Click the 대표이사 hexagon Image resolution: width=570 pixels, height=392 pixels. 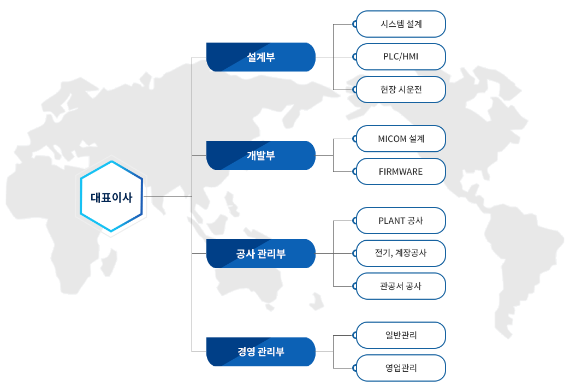pos(111,197)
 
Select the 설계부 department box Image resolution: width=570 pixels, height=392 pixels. pos(260,57)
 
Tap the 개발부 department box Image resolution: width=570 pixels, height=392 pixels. pos(260,155)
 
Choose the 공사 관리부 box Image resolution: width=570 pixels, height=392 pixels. pos(260,253)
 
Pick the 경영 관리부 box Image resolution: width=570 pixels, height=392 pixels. pos(260,352)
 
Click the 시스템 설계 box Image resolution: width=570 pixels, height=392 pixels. pos(401,24)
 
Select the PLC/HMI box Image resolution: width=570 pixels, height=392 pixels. pos(401,57)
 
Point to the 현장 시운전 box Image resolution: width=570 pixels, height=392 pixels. pos(401,90)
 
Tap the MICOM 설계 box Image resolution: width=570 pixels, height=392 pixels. pos(401,139)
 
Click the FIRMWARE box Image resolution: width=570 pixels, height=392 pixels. pos(401,171)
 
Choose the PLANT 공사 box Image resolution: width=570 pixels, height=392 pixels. pos(401,221)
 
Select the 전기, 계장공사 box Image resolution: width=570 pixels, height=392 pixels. pos(401,253)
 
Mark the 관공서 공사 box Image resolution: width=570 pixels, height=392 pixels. pos(401,286)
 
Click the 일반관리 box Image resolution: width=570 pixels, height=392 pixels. pos(401,335)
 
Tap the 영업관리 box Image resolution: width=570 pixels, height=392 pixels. pos(401,367)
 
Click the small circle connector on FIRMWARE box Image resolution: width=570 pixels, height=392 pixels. pos(355,171)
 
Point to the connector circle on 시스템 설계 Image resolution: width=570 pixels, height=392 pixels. pos(355,24)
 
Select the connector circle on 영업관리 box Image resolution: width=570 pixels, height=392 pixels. pos(355,368)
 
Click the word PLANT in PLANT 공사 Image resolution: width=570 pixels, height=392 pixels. pos(391,221)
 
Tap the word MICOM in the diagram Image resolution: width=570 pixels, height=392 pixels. pos(392,139)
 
